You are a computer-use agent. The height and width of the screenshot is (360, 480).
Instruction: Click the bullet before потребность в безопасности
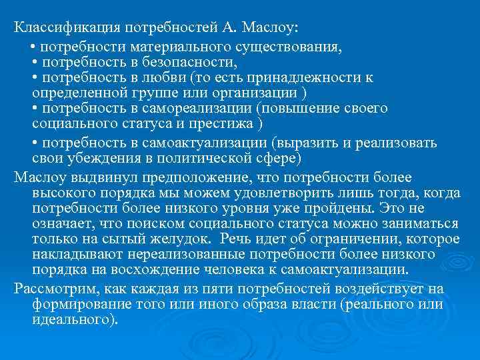coord(35,63)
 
